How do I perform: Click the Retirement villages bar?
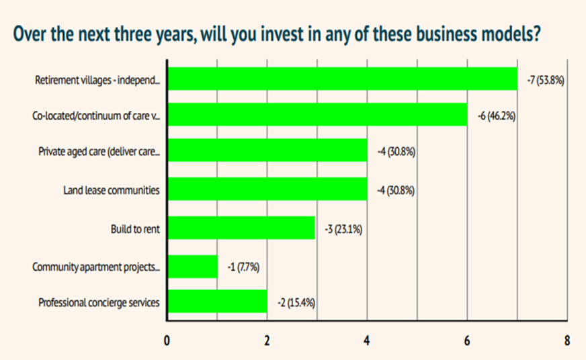click(342, 79)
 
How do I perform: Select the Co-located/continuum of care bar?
click(317, 115)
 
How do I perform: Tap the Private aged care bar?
click(267, 151)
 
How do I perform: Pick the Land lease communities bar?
click(267, 189)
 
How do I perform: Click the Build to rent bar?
click(241, 228)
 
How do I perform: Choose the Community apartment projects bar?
click(192, 267)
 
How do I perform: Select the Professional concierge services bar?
click(217, 302)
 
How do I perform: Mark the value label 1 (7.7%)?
click(243, 267)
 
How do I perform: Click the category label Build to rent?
click(134, 228)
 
